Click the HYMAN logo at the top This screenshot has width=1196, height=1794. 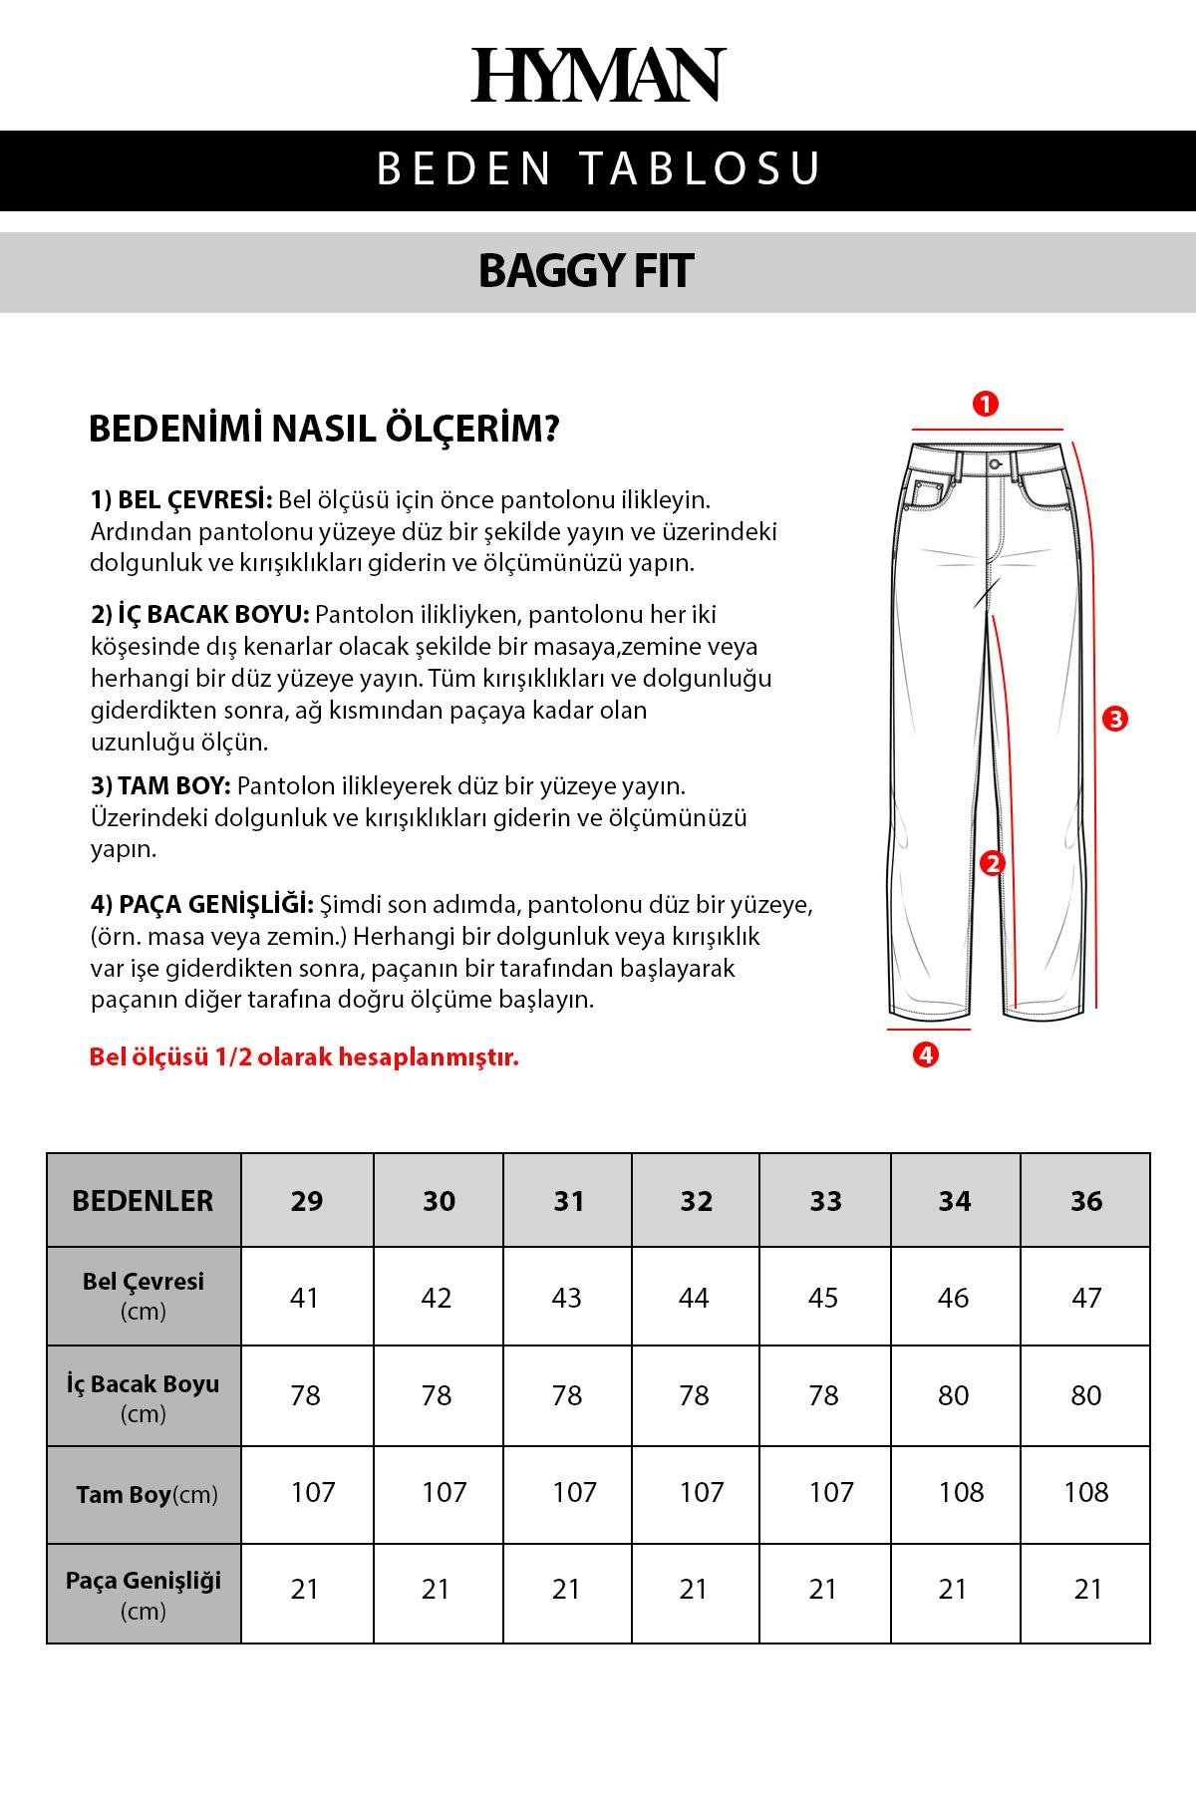click(x=598, y=75)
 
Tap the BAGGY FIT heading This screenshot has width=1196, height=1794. click(x=586, y=271)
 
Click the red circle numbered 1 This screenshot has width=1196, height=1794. click(x=985, y=405)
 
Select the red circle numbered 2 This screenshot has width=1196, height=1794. click(x=991, y=863)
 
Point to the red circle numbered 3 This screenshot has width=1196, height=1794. click(x=1115, y=719)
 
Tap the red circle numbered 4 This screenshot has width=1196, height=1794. click(x=926, y=1054)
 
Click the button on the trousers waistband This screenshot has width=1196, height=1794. click(x=995, y=464)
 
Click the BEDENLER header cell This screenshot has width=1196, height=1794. click(x=143, y=1201)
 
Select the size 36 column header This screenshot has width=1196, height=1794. click(x=1086, y=1201)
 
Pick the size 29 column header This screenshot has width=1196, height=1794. click(x=307, y=1201)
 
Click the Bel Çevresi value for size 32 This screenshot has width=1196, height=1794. click(x=694, y=1298)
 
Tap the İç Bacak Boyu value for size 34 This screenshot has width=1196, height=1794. click(x=954, y=1395)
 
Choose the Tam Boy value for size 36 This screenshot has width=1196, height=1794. click(x=1086, y=1492)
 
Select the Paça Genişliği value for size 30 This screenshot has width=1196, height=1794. click(x=437, y=1589)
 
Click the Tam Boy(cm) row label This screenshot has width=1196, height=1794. click(x=146, y=1495)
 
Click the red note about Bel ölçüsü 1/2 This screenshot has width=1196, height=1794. click(x=304, y=1057)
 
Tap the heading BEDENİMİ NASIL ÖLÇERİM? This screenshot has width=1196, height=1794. click(x=324, y=430)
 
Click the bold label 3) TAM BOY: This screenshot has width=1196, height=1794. click(x=160, y=785)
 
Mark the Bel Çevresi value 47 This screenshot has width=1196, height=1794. click(x=1086, y=1298)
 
